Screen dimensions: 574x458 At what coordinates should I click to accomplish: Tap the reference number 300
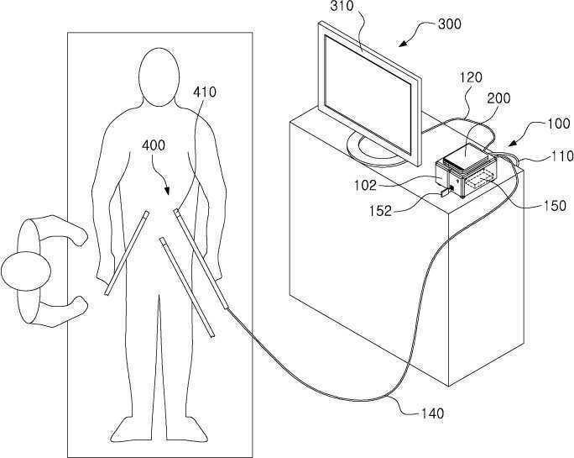[450, 24]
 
